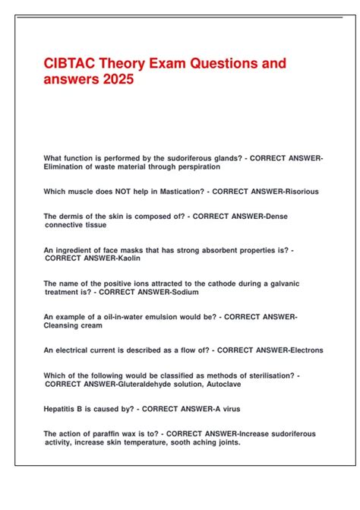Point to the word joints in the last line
224,442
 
